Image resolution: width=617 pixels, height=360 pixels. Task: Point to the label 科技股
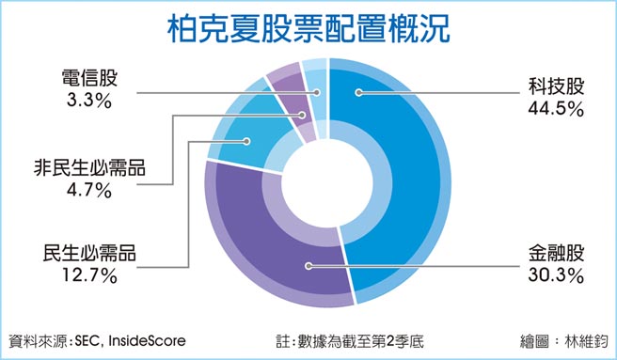[556, 88]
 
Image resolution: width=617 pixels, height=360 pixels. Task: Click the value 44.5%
[556, 109]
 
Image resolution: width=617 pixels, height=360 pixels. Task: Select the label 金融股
[556, 254]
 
